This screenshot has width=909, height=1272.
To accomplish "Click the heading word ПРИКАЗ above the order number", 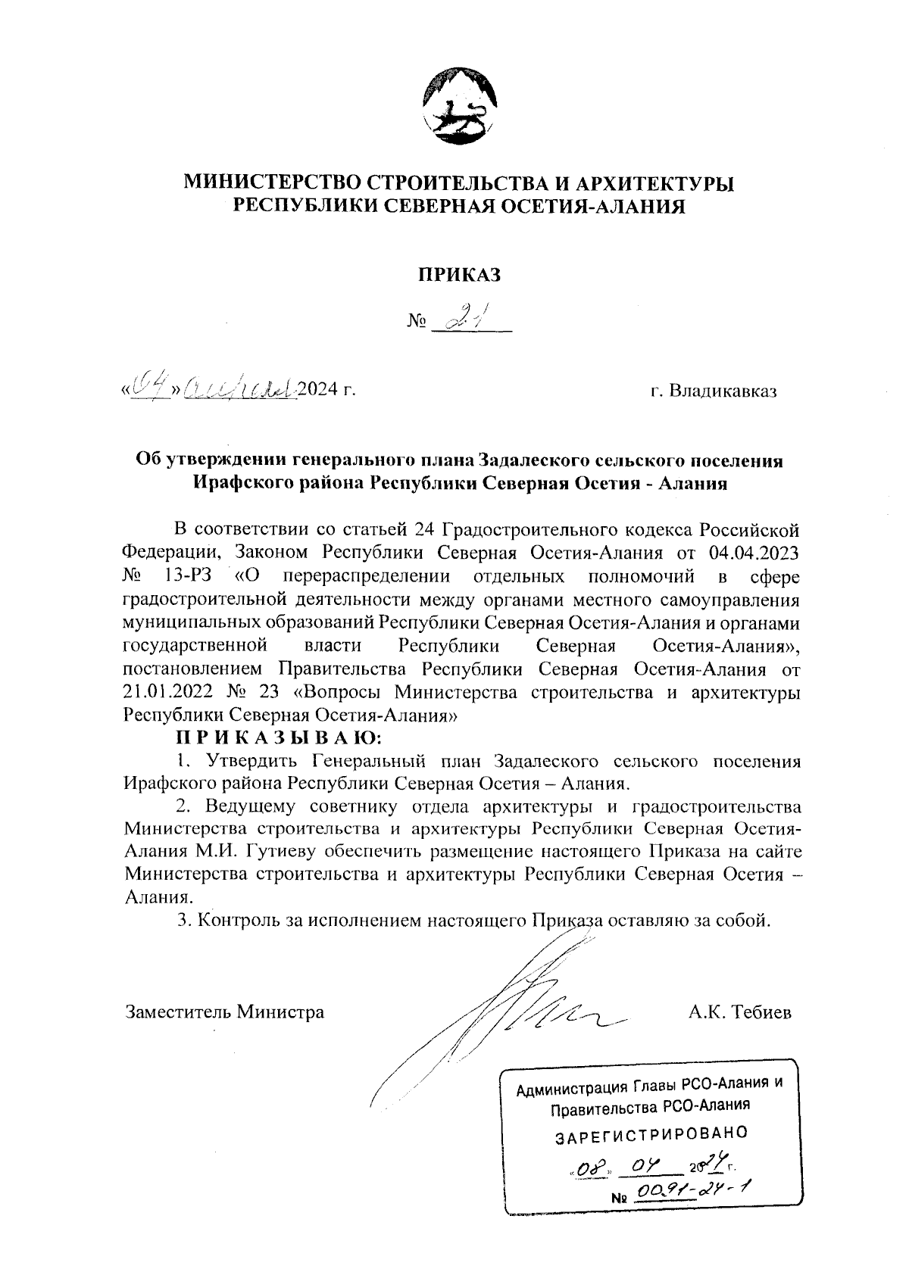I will [461, 275].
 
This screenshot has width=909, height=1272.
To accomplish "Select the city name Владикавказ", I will [714, 391].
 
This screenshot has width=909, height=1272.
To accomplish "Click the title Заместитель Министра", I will [224, 1012].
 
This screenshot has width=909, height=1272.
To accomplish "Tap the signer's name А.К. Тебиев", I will [739, 1012].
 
